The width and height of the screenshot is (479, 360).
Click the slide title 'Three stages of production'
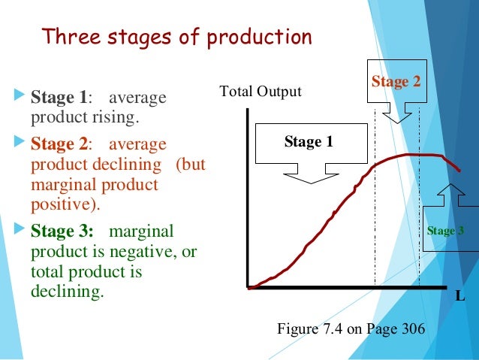(176, 37)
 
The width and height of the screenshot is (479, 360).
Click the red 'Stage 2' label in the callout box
(396, 81)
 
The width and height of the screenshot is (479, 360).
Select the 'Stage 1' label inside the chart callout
(308, 141)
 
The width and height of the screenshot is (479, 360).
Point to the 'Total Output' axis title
(260, 92)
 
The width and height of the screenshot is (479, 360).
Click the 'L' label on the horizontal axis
(460, 296)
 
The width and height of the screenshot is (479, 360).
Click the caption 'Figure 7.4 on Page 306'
(351, 329)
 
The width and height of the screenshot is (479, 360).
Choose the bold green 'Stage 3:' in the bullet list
(62, 231)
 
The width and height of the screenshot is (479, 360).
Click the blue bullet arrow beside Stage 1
(20, 98)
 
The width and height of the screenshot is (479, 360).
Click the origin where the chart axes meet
(248, 287)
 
